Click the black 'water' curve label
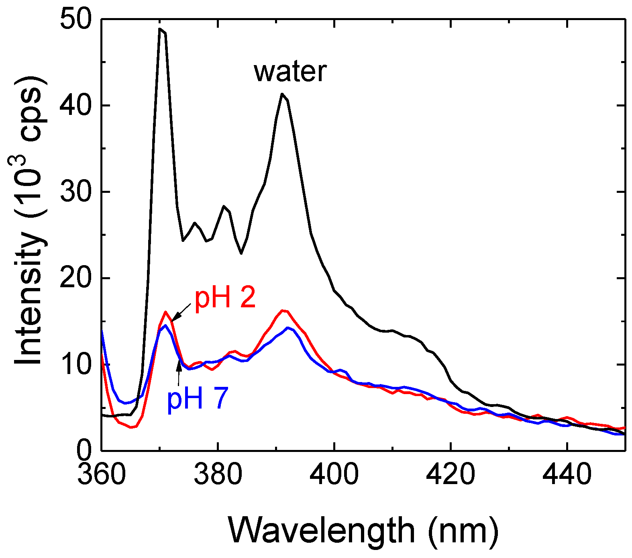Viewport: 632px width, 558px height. pos(290,72)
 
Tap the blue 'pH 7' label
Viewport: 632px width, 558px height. pos(198,399)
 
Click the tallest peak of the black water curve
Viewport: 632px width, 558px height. pos(160,30)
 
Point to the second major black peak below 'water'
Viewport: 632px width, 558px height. pos(283,94)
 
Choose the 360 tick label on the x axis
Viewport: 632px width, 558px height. pos(102,474)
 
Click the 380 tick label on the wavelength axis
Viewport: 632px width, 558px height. pos(218,474)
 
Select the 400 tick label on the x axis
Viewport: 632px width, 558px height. pos(334,474)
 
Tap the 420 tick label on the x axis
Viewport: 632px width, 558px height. pos(451,474)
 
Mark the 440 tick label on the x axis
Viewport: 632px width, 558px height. pos(567,474)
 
